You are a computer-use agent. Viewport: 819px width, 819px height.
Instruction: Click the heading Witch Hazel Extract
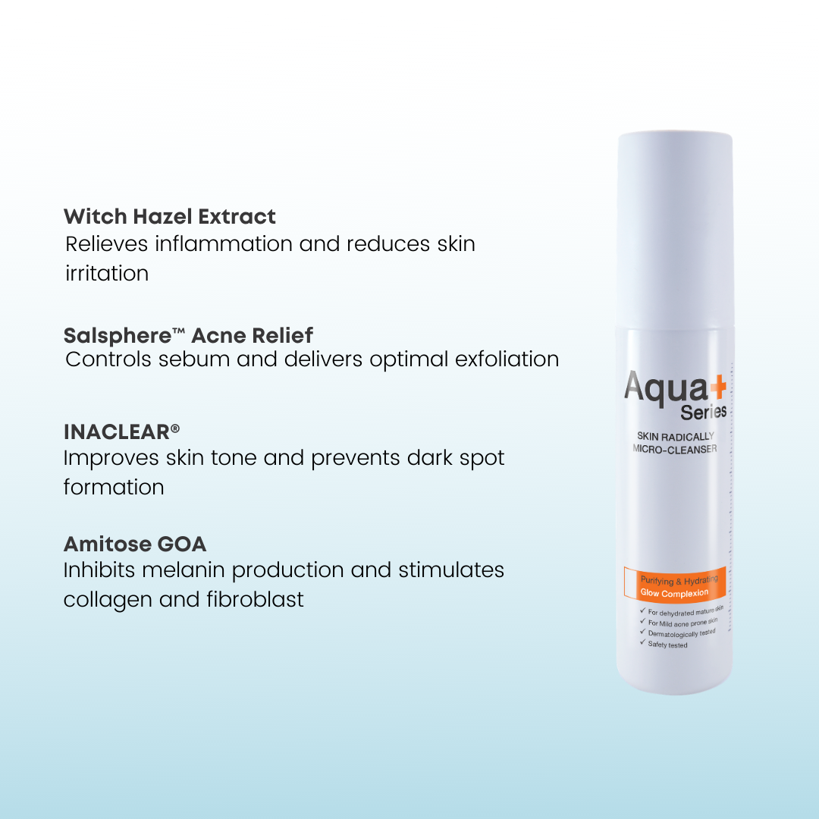pos(170,217)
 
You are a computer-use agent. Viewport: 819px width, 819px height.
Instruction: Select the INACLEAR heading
pos(116,432)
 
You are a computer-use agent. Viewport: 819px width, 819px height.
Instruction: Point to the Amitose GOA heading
pos(135,544)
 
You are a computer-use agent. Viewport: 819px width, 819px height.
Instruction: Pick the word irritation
pos(107,273)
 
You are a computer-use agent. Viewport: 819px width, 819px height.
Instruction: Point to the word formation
pos(114,487)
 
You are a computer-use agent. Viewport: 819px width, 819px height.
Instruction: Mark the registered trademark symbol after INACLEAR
pos(175,428)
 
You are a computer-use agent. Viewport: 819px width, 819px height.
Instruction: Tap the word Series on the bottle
pos(703,412)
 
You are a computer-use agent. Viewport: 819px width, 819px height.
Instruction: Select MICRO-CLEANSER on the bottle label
pos(675,450)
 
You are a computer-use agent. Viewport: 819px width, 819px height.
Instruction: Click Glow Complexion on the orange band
pos(674,592)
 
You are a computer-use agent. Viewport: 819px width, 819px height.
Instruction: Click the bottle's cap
pos(675,227)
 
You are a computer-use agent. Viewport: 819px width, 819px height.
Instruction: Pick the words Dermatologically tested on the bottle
pos(682,632)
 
